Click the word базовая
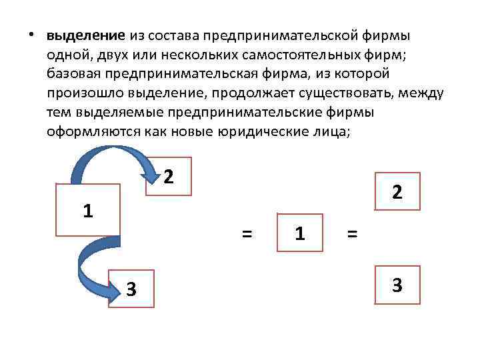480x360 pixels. pyautogui.click(x=73, y=73)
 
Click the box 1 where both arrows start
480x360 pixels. pyautogui.click(x=87, y=210)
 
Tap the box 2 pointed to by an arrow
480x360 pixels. pyautogui.click(x=169, y=176)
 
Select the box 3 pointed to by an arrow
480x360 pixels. pyautogui.click(x=132, y=288)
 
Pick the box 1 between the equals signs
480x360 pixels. pyautogui.click(x=300, y=233)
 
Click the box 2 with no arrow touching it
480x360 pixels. pyautogui.click(x=397, y=192)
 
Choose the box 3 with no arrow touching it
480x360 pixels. pyautogui.click(x=397, y=285)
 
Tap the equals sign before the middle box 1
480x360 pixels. pyautogui.click(x=247, y=233)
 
